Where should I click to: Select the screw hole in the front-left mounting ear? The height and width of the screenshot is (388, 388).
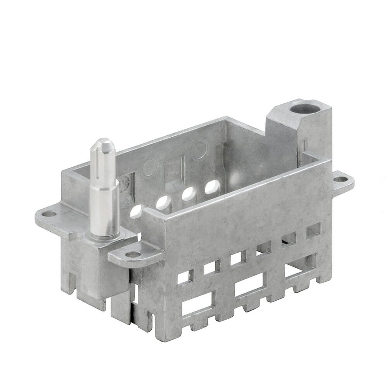pos(131,255)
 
